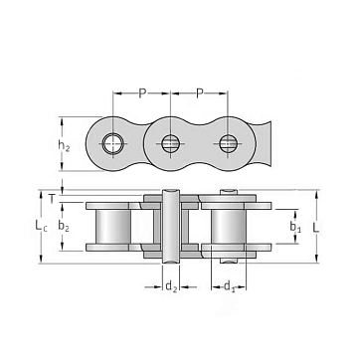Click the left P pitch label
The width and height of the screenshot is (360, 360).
pyautogui.click(x=142, y=93)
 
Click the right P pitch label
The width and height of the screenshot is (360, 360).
pyautogui.click(x=199, y=93)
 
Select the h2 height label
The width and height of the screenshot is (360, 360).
pyautogui.click(x=64, y=145)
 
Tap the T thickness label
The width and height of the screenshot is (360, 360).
pyautogui.click(x=52, y=199)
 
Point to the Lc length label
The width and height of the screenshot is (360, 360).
pyautogui.click(x=41, y=226)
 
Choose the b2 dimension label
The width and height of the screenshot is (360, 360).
pyautogui.click(x=64, y=226)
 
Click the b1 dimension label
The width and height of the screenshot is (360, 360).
pyautogui.click(x=295, y=227)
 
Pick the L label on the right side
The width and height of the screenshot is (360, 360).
pyautogui.click(x=316, y=228)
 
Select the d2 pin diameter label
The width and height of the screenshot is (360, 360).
pyautogui.click(x=171, y=286)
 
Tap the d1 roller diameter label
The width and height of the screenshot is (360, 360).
pyautogui.click(x=230, y=286)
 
